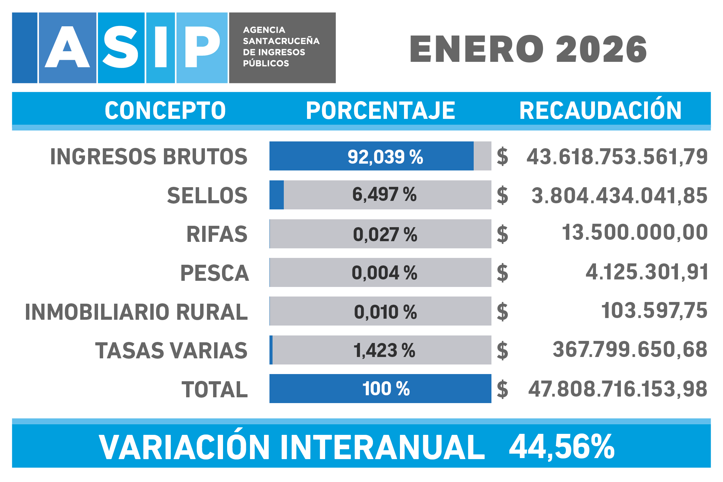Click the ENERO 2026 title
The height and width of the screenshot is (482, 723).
pyautogui.click(x=528, y=49)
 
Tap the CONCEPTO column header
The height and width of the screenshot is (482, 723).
pyautogui.click(x=165, y=110)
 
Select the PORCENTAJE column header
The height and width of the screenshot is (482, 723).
pyautogui.click(x=380, y=110)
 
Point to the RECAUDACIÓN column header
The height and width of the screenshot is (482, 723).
pyautogui.click(x=600, y=110)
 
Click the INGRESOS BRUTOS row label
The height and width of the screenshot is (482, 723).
pyautogui.click(x=149, y=156)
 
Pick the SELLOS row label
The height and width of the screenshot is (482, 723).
pyautogui.click(x=207, y=195)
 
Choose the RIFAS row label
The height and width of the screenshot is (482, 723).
pyautogui.click(x=217, y=234)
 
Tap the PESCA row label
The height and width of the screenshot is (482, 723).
pyautogui.click(x=214, y=273)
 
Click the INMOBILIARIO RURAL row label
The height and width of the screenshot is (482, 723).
pyautogui.click(x=136, y=312)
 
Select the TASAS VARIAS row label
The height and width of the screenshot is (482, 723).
pyautogui.click(x=171, y=350)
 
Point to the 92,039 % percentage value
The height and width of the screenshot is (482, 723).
pyautogui.click(x=385, y=157)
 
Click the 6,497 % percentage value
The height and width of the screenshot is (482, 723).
pyautogui.click(x=384, y=194)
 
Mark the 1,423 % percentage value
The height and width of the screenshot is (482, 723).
pyautogui.click(x=384, y=350)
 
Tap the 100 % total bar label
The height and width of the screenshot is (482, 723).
pyautogui.click(x=386, y=389)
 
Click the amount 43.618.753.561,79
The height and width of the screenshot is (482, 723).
pyautogui.click(x=617, y=156)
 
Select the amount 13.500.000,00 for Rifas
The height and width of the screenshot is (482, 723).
pyautogui.click(x=635, y=232)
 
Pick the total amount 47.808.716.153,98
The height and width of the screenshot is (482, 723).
pyautogui.click(x=617, y=389)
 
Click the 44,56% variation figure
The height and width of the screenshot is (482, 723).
pyautogui.click(x=561, y=446)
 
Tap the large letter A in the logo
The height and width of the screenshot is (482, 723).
pyautogui.click(x=67, y=48)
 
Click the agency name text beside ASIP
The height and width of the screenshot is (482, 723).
pyautogui.click(x=281, y=47)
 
